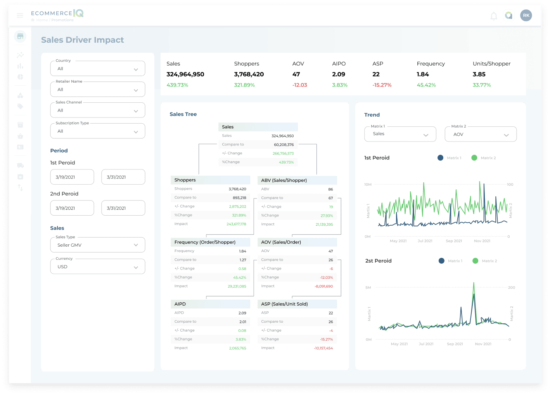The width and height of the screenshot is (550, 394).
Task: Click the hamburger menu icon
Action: point(20,16)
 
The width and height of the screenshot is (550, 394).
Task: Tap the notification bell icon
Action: point(493,16)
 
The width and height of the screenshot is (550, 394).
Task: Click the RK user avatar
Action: point(526,16)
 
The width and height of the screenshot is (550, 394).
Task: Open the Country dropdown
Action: point(98,69)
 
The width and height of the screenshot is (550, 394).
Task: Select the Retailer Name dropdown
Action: point(98,90)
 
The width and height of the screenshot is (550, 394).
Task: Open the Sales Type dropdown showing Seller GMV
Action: point(98,245)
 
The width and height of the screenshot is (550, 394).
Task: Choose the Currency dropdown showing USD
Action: point(98,267)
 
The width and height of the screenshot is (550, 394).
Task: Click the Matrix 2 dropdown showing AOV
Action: point(481,134)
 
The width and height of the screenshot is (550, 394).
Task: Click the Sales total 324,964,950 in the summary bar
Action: point(185,74)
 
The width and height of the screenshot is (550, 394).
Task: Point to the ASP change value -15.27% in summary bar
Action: point(382,85)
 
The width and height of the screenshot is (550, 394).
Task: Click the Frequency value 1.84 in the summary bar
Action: point(423,74)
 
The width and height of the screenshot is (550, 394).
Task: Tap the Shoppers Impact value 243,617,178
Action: point(236,224)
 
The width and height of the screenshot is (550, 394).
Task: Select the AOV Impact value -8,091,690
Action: point(323,286)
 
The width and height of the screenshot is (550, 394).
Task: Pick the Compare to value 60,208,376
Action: point(284,145)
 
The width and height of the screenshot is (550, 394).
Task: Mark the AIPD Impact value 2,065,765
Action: point(237,348)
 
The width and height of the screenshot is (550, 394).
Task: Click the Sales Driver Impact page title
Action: point(83,40)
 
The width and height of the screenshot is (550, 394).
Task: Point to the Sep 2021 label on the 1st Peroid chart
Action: point(454,241)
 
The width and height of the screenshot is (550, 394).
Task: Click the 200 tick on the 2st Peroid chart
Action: point(511,287)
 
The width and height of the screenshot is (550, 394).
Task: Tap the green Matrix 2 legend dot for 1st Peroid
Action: point(474,158)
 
